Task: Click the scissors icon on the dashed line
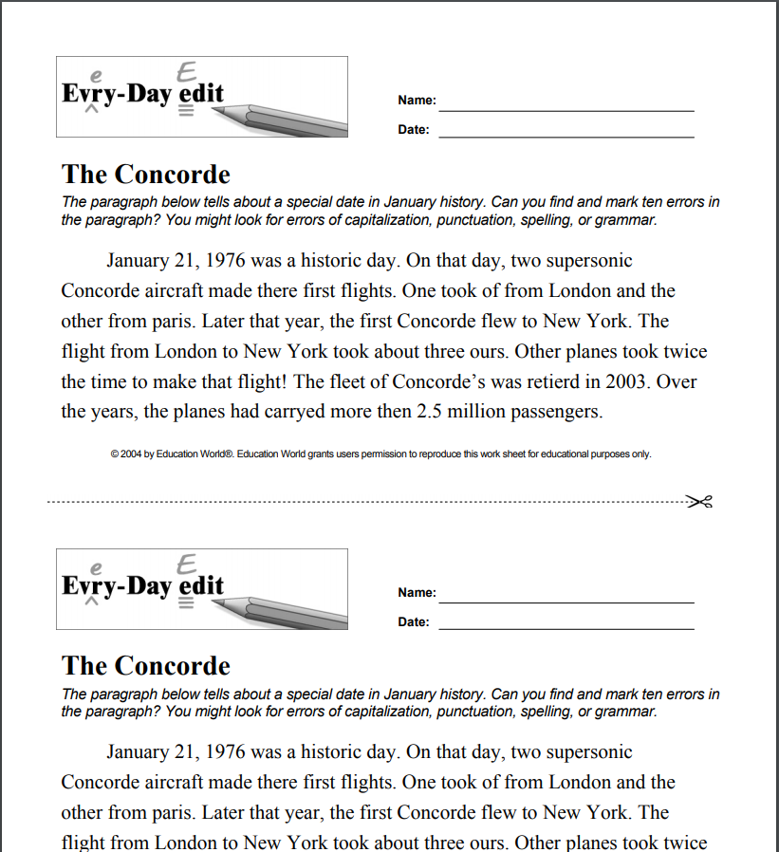tap(699, 501)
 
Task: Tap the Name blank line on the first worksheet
tap(566, 110)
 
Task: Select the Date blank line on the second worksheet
tap(566, 628)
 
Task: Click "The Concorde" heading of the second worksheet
tap(146, 666)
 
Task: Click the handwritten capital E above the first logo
tap(187, 72)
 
